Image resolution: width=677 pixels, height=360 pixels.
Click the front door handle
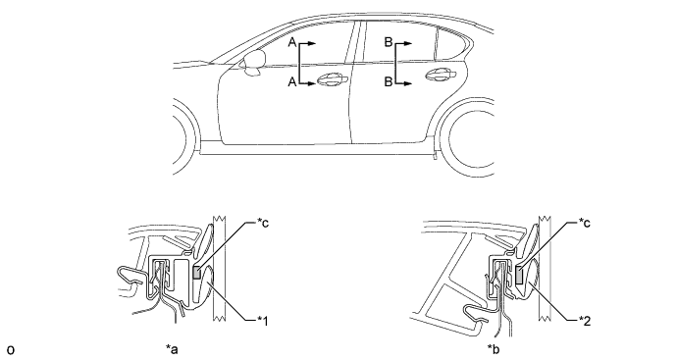click(332, 79)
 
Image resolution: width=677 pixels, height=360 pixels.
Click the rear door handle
click(441, 75)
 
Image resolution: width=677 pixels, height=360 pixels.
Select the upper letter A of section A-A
click(292, 42)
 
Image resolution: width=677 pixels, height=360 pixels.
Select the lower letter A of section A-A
click(292, 81)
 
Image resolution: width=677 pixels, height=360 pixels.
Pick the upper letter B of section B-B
click(389, 42)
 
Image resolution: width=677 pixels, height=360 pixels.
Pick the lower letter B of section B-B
click(389, 81)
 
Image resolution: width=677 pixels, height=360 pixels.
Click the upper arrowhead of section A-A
click(313, 43)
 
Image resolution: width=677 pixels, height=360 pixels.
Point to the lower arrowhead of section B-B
click(408, 83)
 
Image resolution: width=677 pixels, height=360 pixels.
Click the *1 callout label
click(263, 321)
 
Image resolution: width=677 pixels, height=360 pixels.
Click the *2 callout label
click(585, 321)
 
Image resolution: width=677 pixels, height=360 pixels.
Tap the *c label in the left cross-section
click(263, 223)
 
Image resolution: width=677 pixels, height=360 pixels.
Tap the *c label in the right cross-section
click(585, 223)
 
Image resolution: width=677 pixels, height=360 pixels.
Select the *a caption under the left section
click(172, 349)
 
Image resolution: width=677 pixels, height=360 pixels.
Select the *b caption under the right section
click(494, 349)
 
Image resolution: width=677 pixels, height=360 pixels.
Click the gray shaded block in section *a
click(196, 274)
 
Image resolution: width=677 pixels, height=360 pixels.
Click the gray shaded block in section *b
click(519, 275)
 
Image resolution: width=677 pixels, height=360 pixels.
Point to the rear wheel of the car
click(468, 137)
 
